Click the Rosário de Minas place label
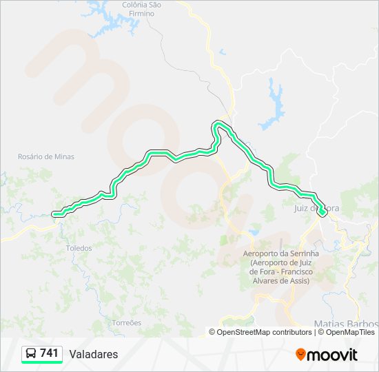46,157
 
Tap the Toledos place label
78,248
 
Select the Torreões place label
126,322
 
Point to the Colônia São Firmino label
141,9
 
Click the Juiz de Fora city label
318,208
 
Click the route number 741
50,353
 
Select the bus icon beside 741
32,354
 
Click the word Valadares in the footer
94,354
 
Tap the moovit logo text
332,355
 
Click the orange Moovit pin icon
300,355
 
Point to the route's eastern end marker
322,214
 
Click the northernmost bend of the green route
220,123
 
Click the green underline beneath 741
42,362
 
